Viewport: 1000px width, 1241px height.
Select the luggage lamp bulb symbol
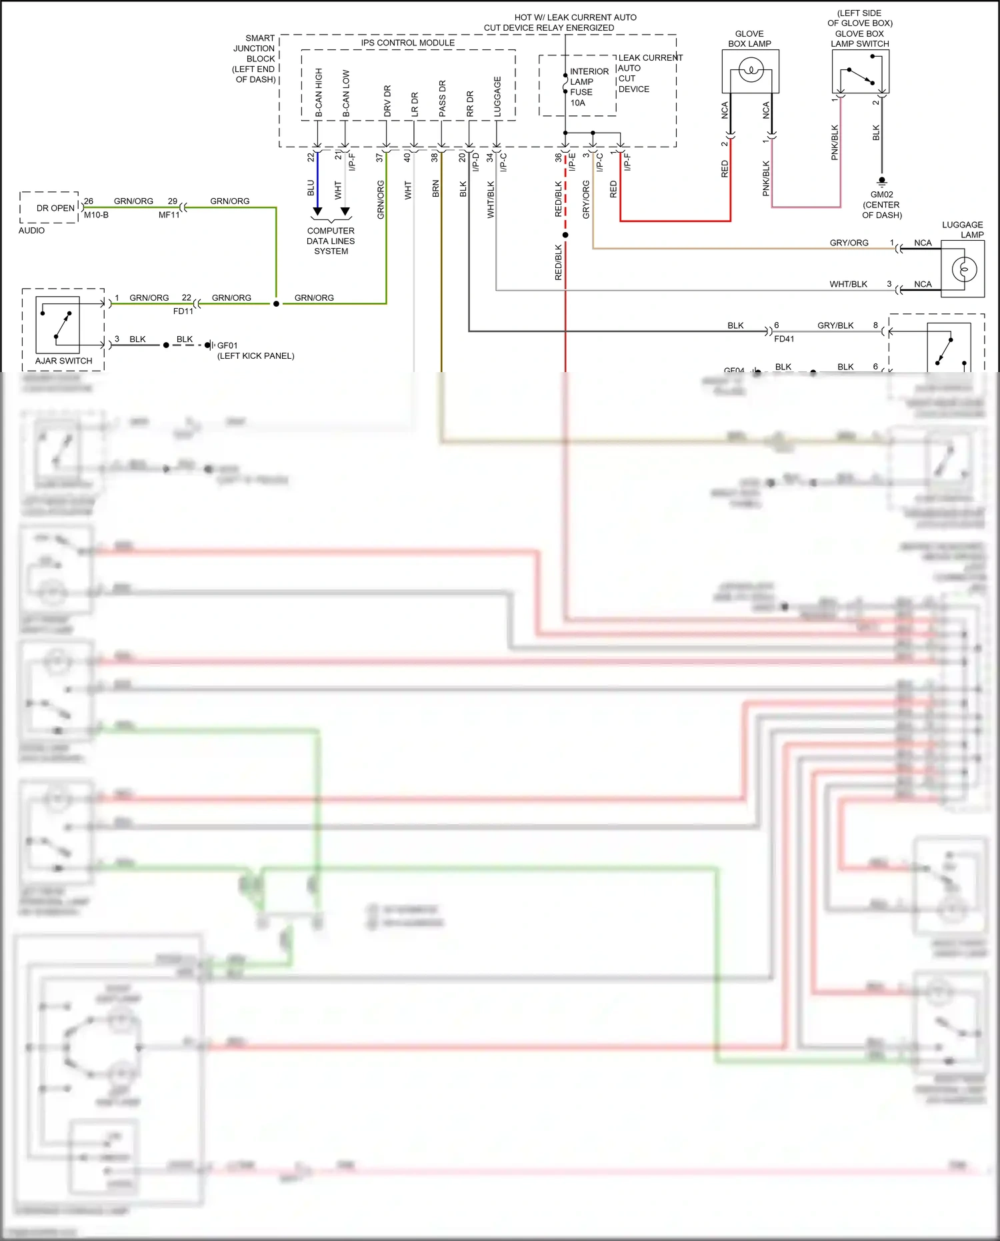click(x=963, y=269)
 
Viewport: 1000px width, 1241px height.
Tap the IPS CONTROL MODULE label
click(x=407, y=43)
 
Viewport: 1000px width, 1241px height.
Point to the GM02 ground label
click(x=881, y=195)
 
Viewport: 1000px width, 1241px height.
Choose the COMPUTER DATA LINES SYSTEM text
click(x=331, y=241)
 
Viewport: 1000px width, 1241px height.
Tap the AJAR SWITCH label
click(x=63, y=361)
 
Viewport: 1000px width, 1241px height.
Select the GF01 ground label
click(x=227, y=345)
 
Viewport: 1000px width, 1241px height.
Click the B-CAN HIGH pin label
click(x=319, y=93)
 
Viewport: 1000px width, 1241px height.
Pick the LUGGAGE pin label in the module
click(x=497, y=97)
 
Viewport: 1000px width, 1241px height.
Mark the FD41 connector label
click(x=784, y=339)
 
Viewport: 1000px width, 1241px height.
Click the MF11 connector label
click(x=169, y=215)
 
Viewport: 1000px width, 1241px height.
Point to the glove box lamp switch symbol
click(x=860, y=75)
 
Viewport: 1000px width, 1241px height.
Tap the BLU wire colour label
click(x=311, y=188)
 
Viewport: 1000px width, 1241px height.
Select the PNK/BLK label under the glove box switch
click(x=835, y=142)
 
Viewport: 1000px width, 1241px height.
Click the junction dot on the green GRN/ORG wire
click(x=276, y=303)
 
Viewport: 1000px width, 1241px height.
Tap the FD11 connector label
click(x=183, y=311)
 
